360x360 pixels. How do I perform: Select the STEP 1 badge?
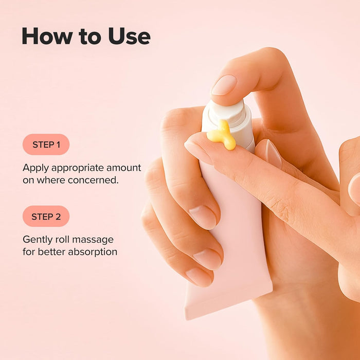click(46, 145)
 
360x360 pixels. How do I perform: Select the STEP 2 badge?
click(46, 217)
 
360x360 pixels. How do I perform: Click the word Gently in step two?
click(37, 240)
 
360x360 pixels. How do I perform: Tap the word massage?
click(97, 240)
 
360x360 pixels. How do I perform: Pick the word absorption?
click(93, 252)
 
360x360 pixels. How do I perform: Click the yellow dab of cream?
click(222, 135)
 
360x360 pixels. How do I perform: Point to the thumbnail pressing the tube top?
click(225, 85)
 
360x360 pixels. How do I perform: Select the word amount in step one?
click(123, 168)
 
